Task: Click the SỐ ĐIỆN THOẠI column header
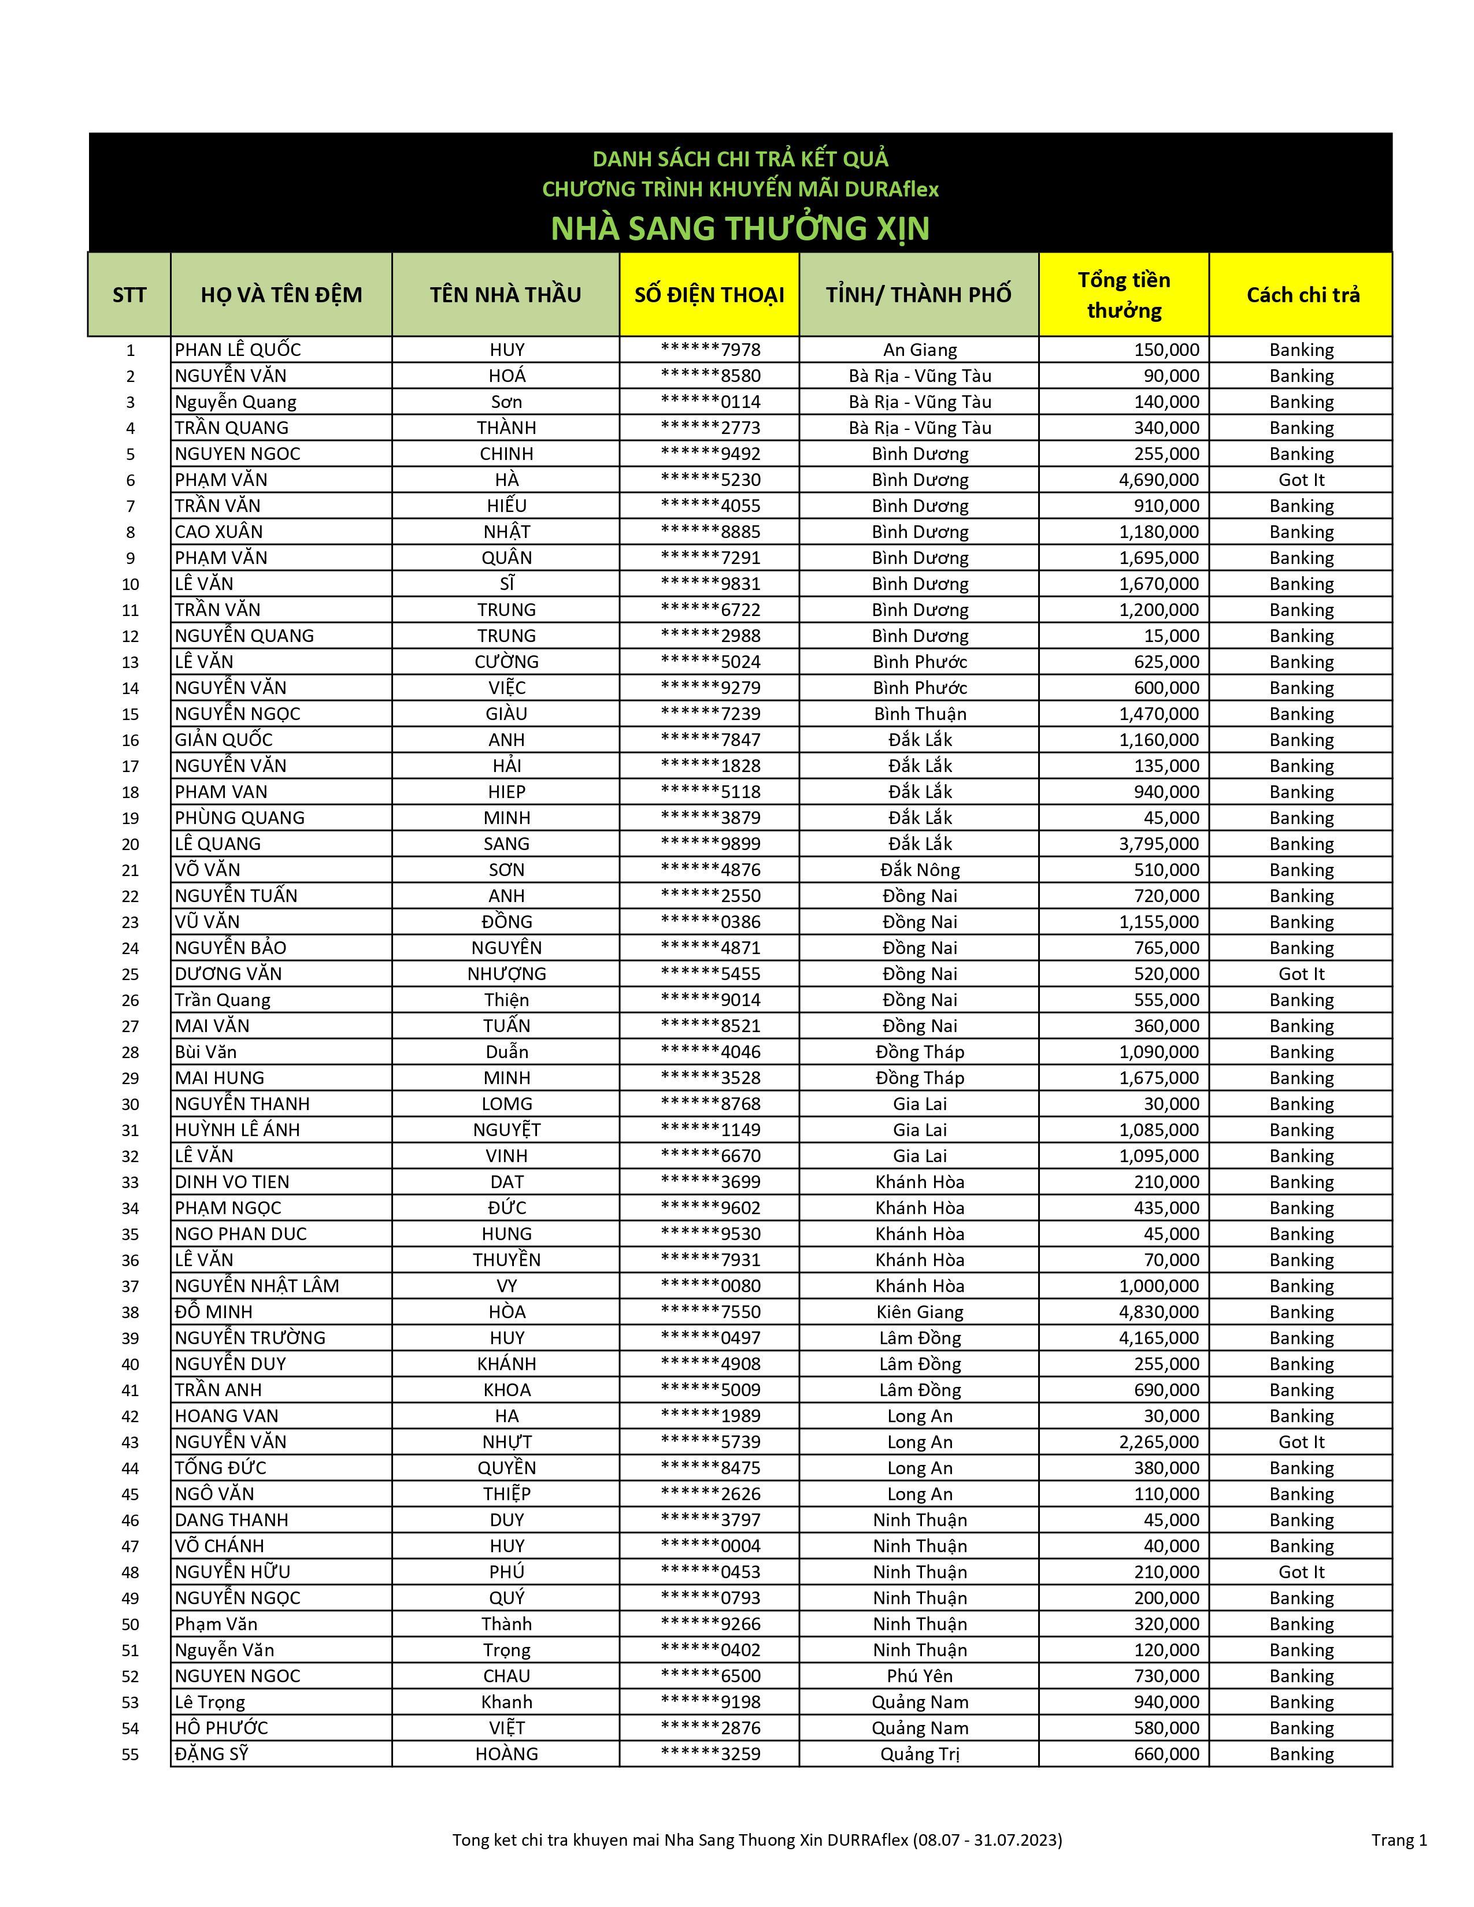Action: coord(709,295)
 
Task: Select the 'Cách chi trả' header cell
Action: coord(1302,295)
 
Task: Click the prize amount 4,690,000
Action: coord(1159,480)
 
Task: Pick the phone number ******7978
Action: coord(710,350)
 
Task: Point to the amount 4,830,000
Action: coord(1159,1312)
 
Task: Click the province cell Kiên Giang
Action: coord(920,1312)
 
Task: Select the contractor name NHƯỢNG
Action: coord(506,974)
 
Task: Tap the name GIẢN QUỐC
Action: coord(224,740)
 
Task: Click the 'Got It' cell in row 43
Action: coord(1301,1442)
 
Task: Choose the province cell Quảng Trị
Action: coord(920,1754)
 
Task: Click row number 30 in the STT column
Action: coord(130,1104)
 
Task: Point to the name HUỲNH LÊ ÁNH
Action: coord(238,1130)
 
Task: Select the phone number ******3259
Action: coord(710,1754)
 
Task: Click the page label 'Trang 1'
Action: coord(1399,1840)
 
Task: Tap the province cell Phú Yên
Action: coord(920,1676)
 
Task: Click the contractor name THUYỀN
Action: coord(506,1260)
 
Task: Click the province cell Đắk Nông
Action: coord(920,870)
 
